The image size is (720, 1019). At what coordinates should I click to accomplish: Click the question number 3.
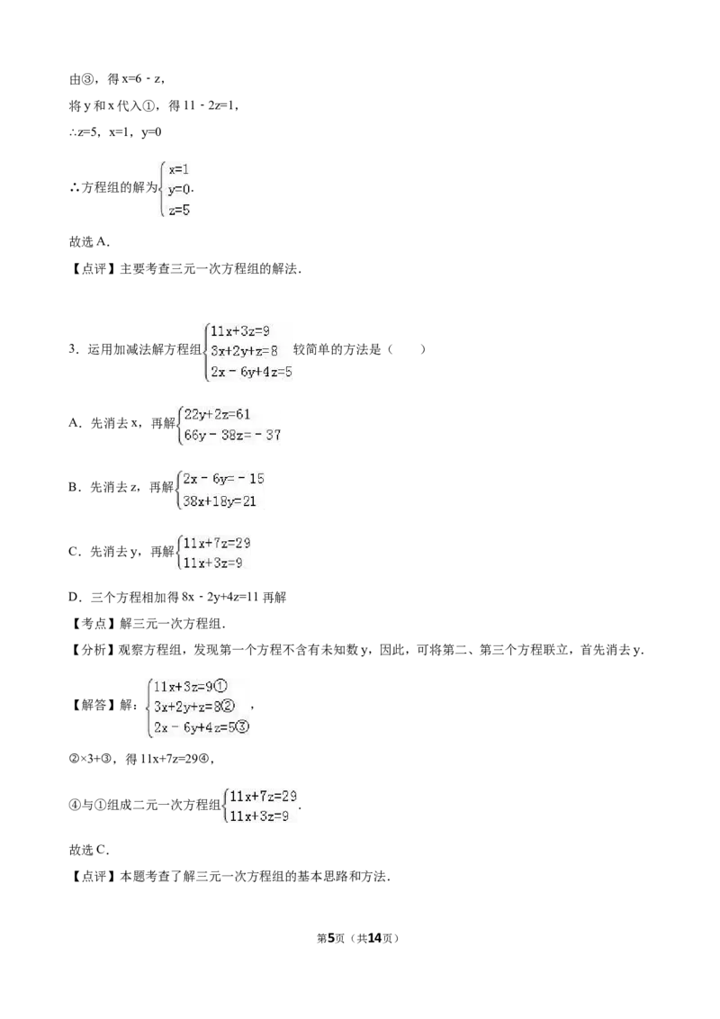(x=73, y=349)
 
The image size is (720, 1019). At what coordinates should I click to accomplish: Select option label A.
(x=74, y=423)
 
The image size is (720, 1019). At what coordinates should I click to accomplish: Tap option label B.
(x=73, y=487)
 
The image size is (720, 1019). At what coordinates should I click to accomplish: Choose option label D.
(x=74, y=597)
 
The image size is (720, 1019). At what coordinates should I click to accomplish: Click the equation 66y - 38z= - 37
(x=232, y=435)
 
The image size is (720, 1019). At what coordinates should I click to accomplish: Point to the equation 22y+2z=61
(x=217, y=415)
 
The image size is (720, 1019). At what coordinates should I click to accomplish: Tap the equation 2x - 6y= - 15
(x=223, y=479)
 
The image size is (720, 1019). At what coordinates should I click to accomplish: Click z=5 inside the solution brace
(x=179, y=210)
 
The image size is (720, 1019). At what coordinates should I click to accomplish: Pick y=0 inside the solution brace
(x=179, y=189)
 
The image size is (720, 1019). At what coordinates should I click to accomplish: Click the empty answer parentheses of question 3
(x=406, y=349)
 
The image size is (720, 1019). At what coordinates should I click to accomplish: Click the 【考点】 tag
(x=93, y=624)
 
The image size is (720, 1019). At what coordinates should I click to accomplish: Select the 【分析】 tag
(x=93, y=650)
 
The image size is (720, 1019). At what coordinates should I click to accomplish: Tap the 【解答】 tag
(x=93, y=705)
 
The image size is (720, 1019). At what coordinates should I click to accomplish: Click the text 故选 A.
(x=90, y=242)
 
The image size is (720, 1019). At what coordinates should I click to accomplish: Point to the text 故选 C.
(x=90, y=850)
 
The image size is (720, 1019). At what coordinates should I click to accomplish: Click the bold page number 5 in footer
(x=330, y=938)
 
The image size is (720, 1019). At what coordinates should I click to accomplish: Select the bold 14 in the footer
(x=374, y=938)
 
